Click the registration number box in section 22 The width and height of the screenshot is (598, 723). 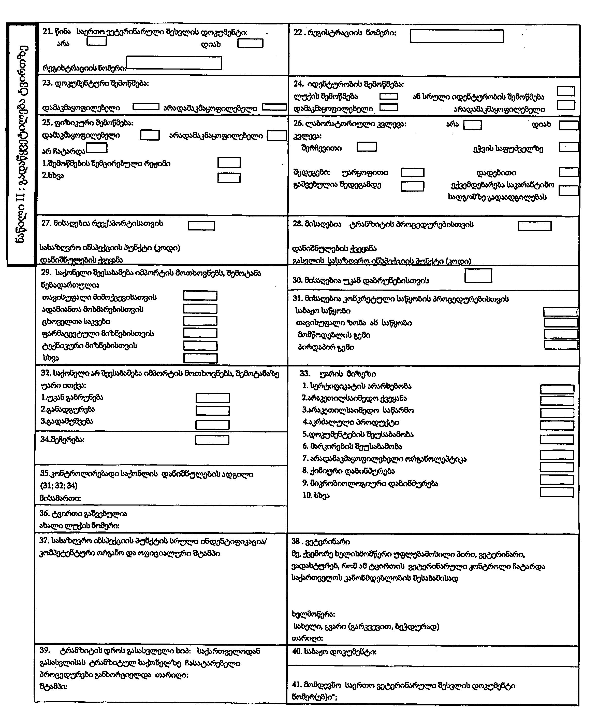456,36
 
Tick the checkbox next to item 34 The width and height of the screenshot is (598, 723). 212,440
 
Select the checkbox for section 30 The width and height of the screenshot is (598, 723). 478,276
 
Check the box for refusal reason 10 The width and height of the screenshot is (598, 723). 556,492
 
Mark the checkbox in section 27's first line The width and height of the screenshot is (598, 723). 201,225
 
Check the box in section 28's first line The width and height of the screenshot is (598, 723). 534,226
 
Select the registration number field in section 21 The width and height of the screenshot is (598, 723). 174,63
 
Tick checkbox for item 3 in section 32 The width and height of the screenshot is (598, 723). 212,425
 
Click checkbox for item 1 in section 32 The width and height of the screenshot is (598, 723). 212,398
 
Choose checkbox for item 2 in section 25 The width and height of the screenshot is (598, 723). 229,178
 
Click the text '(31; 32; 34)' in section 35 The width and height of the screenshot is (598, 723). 59,485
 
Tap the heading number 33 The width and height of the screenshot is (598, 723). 305,374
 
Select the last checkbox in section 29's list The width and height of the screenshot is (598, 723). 200,358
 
